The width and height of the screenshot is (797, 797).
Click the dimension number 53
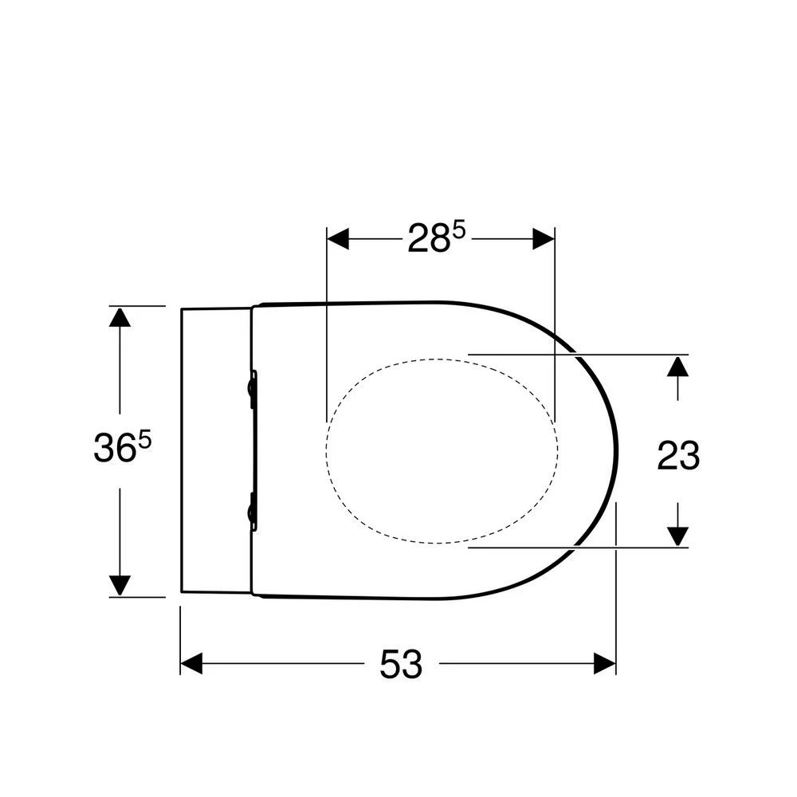point(400,664)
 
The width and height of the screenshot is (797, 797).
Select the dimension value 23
point(678,456)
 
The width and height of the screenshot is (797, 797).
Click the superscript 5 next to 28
point(458,230)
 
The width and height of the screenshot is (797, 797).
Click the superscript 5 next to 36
point(145,441)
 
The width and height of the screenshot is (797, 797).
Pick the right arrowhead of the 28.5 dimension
point(544,238)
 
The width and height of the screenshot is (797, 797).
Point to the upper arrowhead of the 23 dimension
point(677,367)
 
